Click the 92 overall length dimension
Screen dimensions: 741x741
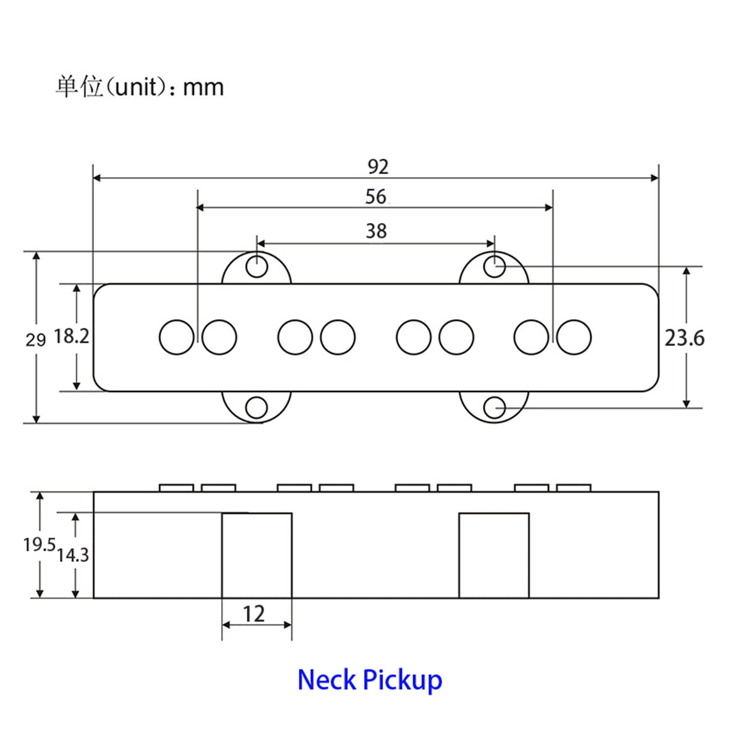(378, 167)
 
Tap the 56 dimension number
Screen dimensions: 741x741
(375, 196)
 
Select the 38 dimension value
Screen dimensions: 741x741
(376, 231)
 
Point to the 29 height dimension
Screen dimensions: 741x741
(35, 340)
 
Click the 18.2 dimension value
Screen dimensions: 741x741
(72, 336)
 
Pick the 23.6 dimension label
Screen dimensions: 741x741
(684, 338)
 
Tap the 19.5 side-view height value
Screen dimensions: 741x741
(40, 545)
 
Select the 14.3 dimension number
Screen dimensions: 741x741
(73, 555)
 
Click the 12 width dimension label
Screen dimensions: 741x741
(254, 614)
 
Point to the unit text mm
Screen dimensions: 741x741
(203, 88)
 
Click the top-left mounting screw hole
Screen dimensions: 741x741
(256, 266)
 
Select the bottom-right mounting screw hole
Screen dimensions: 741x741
(494, 408)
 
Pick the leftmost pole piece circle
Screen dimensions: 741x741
(177, 337)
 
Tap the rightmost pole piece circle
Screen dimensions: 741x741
(574, 337)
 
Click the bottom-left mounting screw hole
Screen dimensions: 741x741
(256, 408)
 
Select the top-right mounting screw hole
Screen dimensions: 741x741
(494, 266)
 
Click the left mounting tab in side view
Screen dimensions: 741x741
(257, 555)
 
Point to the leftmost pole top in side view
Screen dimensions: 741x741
(176, 488)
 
